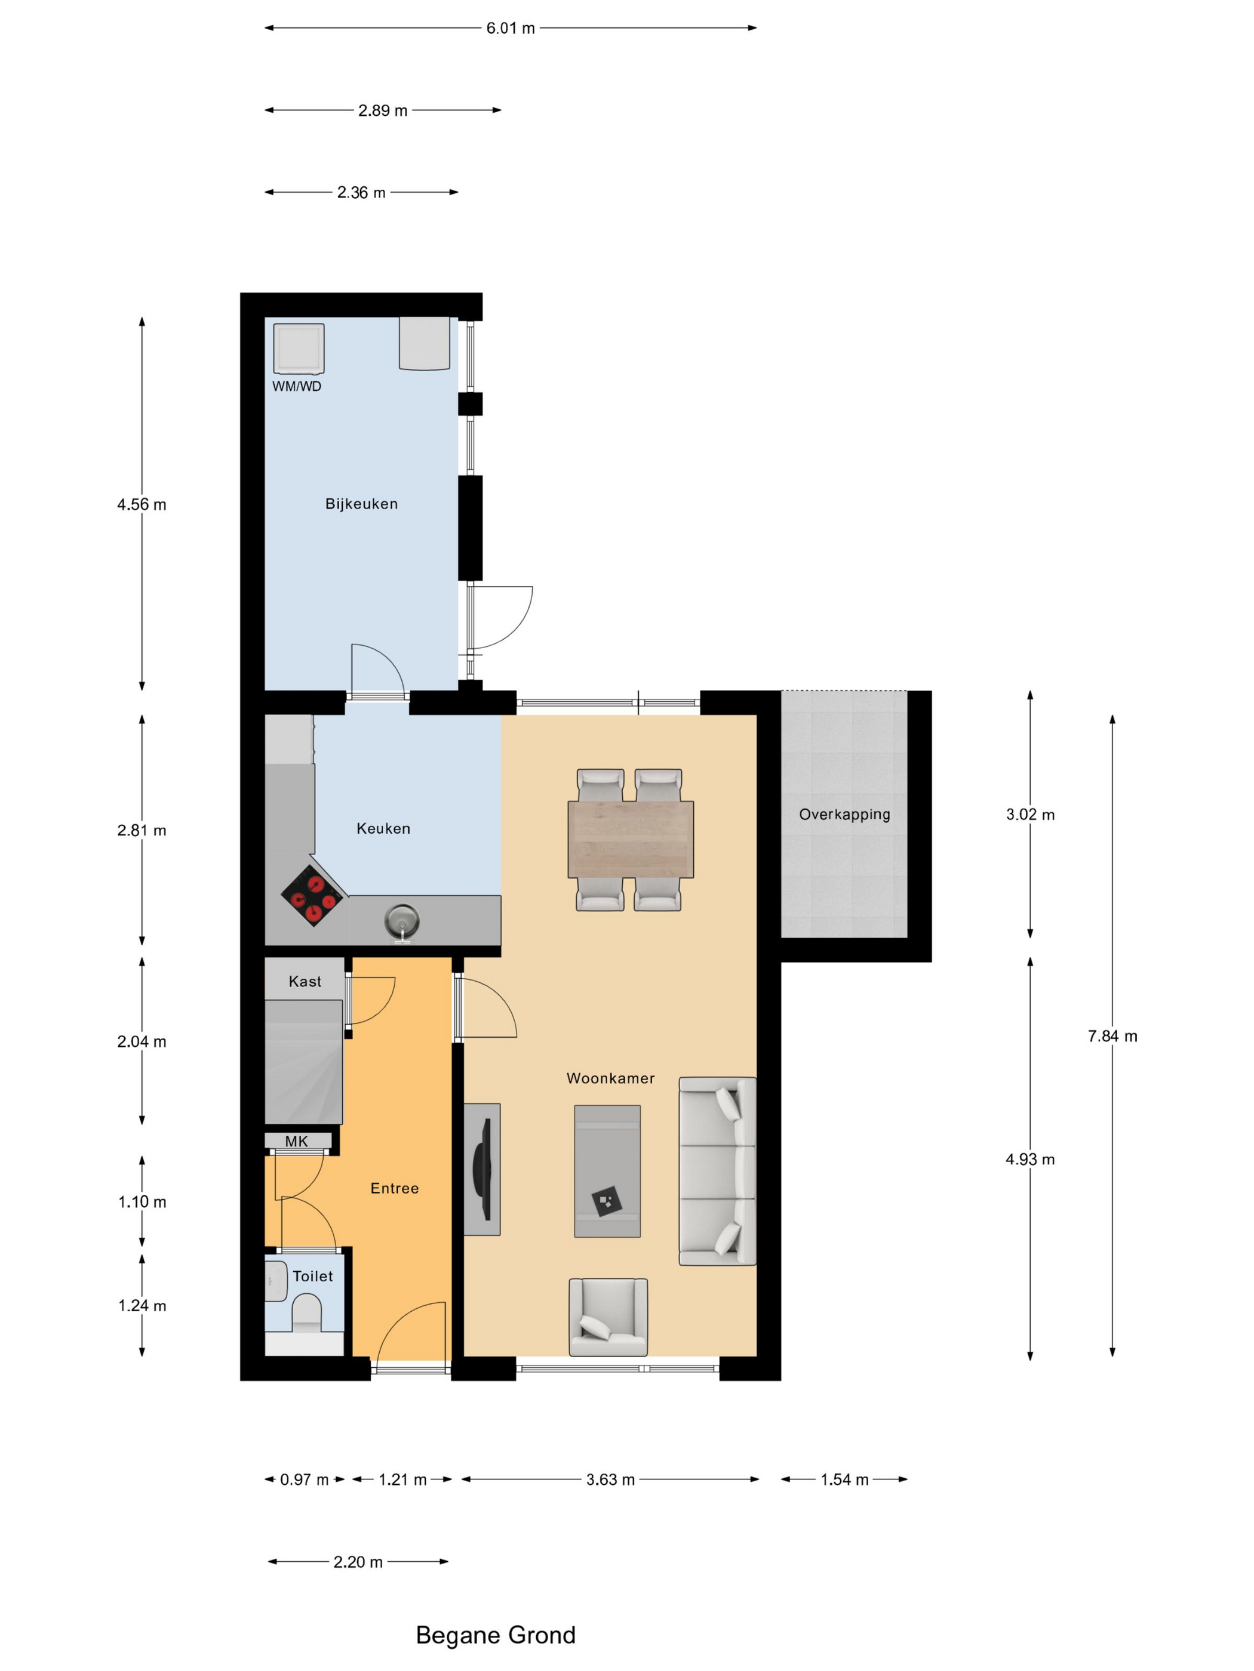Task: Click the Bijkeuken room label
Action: tap(361, 504)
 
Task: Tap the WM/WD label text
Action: tap(296, 386)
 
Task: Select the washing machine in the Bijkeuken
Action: tap(299, 349)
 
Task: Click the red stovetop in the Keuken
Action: tap(313, 895)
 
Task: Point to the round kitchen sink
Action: tap(402, 920)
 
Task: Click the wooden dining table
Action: tap(631, 839)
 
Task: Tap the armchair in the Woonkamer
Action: tap(608, 1317)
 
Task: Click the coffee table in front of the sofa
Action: tap(607, 1171)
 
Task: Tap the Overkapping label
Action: tap(844, 815)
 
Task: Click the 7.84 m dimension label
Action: tap(1112, 1037)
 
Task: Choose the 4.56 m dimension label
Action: tap(142, 505)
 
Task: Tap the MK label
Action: tap(296, 1142)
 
